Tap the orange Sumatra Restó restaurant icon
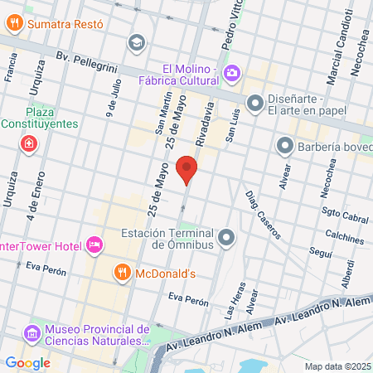pos(14,24)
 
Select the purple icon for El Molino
pos(231,74)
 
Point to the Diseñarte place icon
pos(255,104)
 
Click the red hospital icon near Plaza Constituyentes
pos(29,144)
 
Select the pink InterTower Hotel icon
pos(94,245)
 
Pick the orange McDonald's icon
pos(121,273)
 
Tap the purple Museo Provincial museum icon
pos(32,332)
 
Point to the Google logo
pos(27,362)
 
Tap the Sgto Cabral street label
pos(345,217)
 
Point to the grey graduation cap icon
pos(136,41)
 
